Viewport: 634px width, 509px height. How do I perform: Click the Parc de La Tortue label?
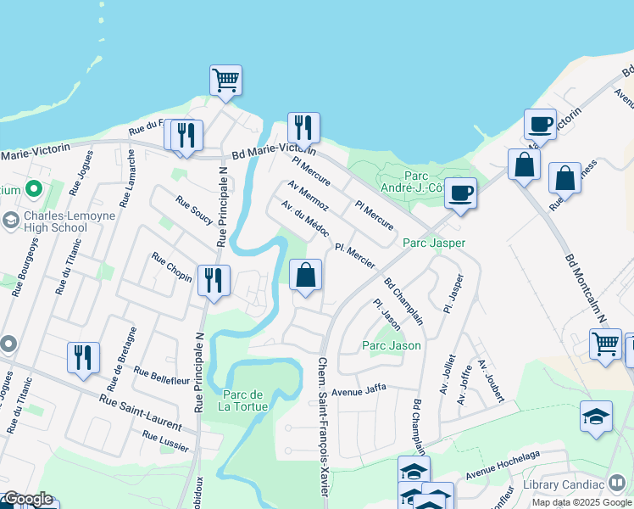[x=245, y=400]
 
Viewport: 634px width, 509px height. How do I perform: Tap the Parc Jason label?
[x=392, y=345]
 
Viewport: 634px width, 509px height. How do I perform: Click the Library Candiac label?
[x=564, y=484]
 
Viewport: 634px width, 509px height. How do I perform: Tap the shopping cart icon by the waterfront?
[x=225, y=81]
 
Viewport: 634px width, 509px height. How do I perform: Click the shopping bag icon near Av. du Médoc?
[x=306, y=275]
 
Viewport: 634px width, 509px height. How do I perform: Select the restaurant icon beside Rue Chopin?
[x=214, y=281]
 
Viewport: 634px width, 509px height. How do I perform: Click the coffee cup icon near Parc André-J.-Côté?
[x=460, y=193]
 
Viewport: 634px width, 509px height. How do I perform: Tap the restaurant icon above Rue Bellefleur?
[x=83, y=358]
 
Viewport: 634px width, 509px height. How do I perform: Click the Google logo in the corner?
[x=27, y=500]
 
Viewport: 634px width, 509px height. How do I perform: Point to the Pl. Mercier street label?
[x=354, y=256]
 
